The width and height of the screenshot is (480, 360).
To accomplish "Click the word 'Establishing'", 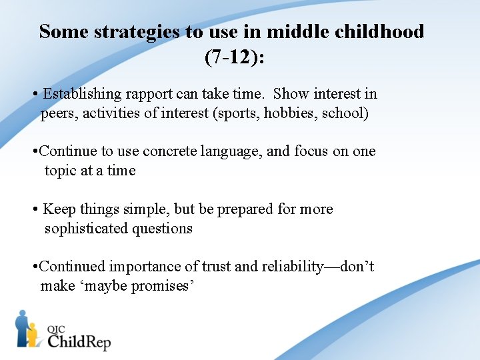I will (x=82, y=94).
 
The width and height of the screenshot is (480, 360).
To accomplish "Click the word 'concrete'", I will (x=166, y=151).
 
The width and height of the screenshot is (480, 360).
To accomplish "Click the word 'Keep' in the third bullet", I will (x=58, y=209).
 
